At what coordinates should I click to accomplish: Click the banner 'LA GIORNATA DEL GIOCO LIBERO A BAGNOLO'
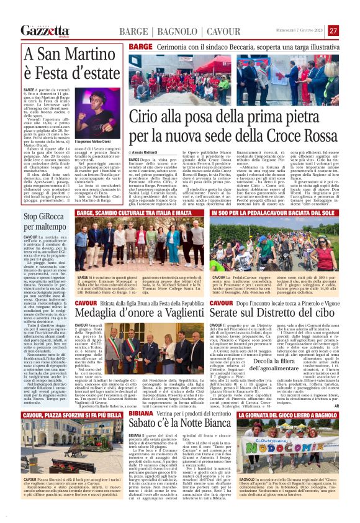[x=290, y=414]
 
